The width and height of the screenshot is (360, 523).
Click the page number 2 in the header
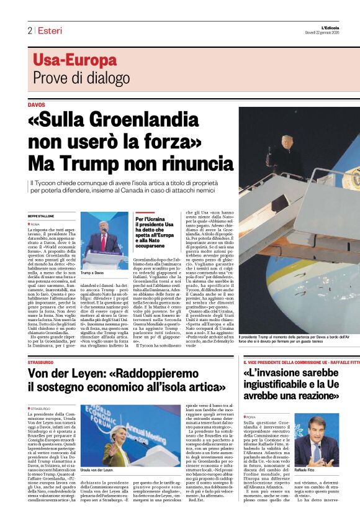coord(29,30)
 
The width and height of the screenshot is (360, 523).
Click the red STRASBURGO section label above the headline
coord(41,362)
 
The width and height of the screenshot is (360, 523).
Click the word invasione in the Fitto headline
coord(281,374)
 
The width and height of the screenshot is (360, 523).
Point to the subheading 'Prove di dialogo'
coord(73,78)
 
